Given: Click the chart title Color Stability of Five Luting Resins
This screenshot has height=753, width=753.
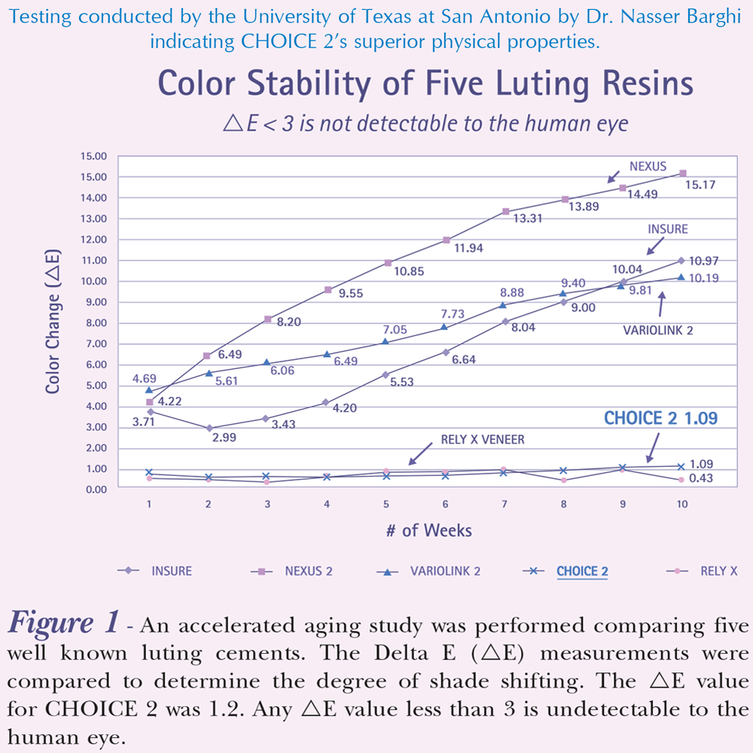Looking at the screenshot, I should (x=425, y=84).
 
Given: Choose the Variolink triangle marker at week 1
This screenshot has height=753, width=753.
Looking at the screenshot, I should (x=149, y=390).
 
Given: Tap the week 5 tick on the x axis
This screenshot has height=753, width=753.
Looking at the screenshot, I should (x=386, y=505).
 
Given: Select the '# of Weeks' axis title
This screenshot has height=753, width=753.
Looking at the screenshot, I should (x=428, y=530).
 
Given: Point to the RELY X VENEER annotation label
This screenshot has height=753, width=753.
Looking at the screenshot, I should (x=481, y=440).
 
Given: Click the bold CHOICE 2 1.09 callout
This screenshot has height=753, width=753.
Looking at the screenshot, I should (x=661, y=418).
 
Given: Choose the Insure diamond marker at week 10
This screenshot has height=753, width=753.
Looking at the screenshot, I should (x=681, y=261).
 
